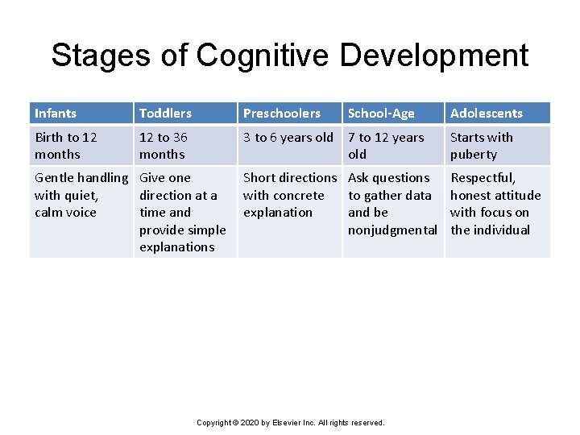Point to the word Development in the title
coord(434,56)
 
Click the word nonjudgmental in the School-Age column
coord(392,230)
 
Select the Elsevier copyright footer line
coord(291,422)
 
